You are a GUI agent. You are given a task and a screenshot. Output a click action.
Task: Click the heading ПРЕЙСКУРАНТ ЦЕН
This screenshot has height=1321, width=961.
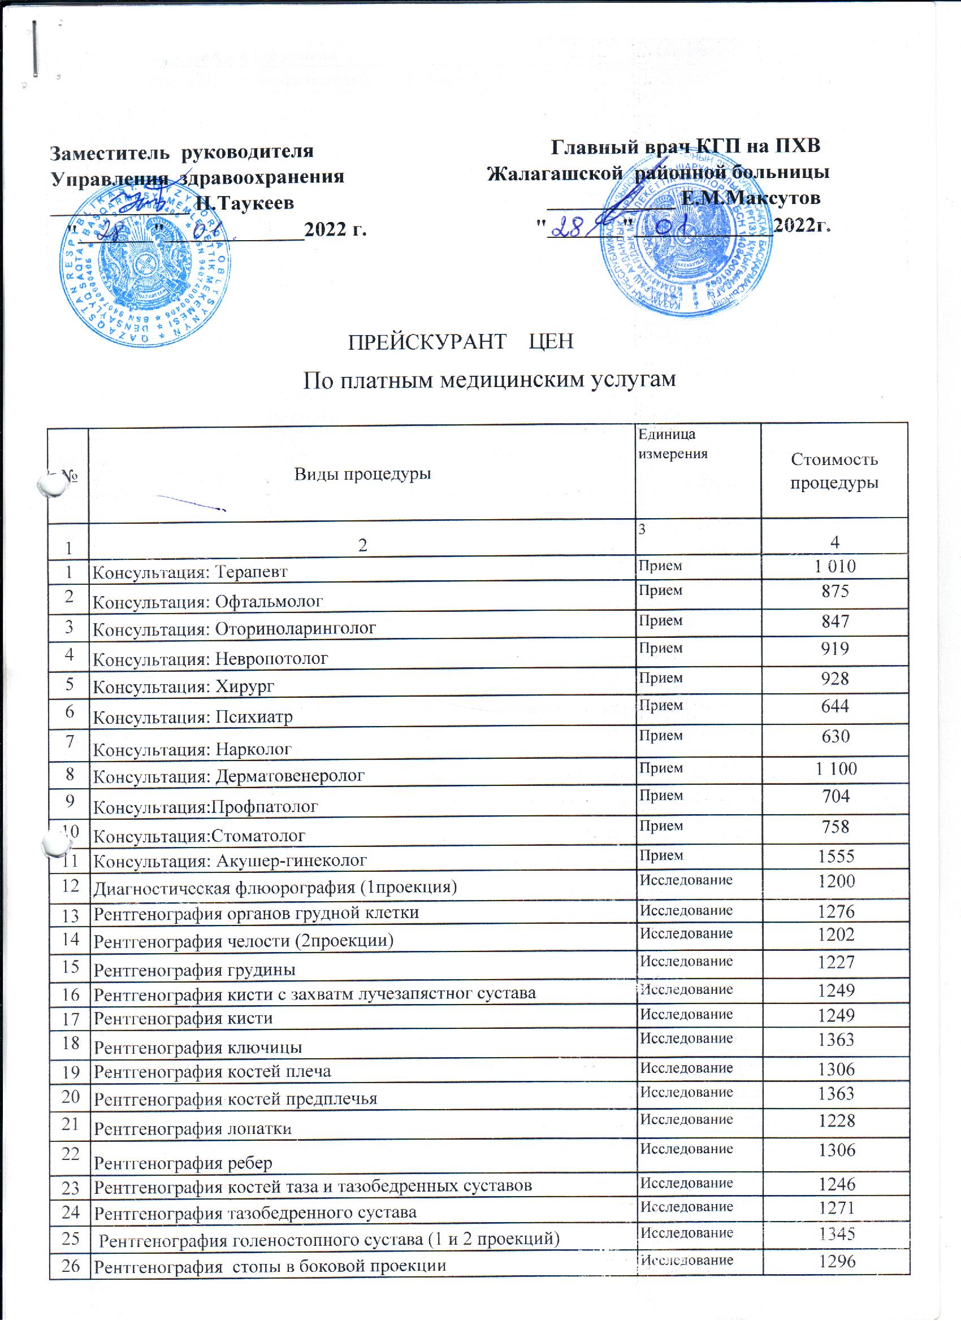click(460, 341)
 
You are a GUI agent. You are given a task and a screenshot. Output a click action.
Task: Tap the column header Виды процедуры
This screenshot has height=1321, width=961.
click(362, 473)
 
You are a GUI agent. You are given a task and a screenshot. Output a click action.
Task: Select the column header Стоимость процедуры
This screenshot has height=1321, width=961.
click(834, 471)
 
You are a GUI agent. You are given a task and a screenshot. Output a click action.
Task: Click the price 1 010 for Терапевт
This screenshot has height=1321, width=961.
click(835, 566)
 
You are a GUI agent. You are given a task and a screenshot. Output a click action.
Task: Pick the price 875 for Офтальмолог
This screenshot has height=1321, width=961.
click(835, 591)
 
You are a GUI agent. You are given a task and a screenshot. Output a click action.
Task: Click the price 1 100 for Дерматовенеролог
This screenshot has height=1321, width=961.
click(836, 769)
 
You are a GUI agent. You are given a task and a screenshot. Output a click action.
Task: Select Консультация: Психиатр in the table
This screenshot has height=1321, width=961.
click(193, 717)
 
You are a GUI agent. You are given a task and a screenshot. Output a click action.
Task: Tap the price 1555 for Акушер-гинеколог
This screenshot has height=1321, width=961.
click(836, 855)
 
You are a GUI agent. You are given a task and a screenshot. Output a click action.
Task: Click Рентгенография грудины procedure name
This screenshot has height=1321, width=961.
click(194, 970)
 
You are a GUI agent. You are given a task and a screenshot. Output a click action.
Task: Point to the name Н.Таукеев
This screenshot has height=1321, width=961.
click(245, 203)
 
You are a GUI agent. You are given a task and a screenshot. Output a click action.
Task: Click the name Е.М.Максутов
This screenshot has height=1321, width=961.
click(751, 198)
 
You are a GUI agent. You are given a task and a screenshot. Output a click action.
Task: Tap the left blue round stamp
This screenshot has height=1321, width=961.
click(145, 265)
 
